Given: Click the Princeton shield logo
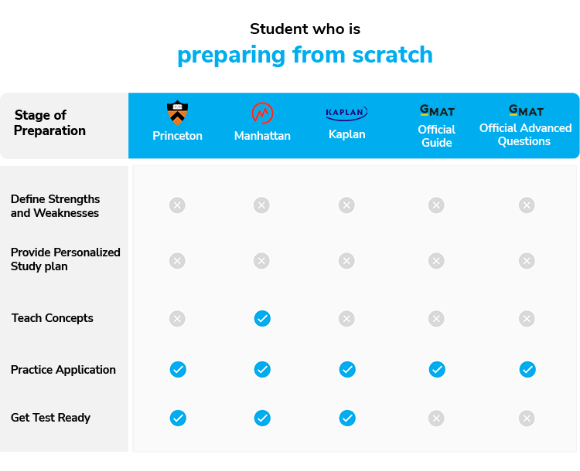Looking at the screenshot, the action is (x=178, y=113).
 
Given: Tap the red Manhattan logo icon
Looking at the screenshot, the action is (x=262, y=113).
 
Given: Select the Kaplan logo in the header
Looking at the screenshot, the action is (x=346, y=113).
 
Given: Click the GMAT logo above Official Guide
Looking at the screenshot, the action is (x=438, y=110).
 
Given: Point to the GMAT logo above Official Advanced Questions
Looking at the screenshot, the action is (x=527, y=110).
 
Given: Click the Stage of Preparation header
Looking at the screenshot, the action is (x=49, y=123).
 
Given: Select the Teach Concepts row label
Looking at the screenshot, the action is (x=52, y=318).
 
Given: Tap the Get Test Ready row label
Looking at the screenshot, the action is (x=51, y=418).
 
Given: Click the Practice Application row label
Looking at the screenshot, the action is (x=63, y=370).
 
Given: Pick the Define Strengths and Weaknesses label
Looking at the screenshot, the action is (x=55, y=206).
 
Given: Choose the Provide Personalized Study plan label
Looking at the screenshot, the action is (x=66, y=259).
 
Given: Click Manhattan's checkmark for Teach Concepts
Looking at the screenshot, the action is (x=262, y=318).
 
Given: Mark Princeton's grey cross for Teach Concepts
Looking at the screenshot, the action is (x=177, y=318).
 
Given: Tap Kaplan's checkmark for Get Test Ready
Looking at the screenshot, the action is (x=347, y=418).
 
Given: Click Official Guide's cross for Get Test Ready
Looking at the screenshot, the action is (x=436, y=418).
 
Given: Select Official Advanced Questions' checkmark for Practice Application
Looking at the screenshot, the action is (x=527, y=369).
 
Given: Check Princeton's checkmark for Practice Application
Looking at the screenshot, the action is (x=178, y=369).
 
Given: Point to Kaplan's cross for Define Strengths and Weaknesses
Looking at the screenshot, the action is (x=346, y=205).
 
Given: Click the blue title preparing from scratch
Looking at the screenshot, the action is (x=305, y=56).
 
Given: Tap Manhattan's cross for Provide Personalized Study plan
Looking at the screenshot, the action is (x=261, y=261).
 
